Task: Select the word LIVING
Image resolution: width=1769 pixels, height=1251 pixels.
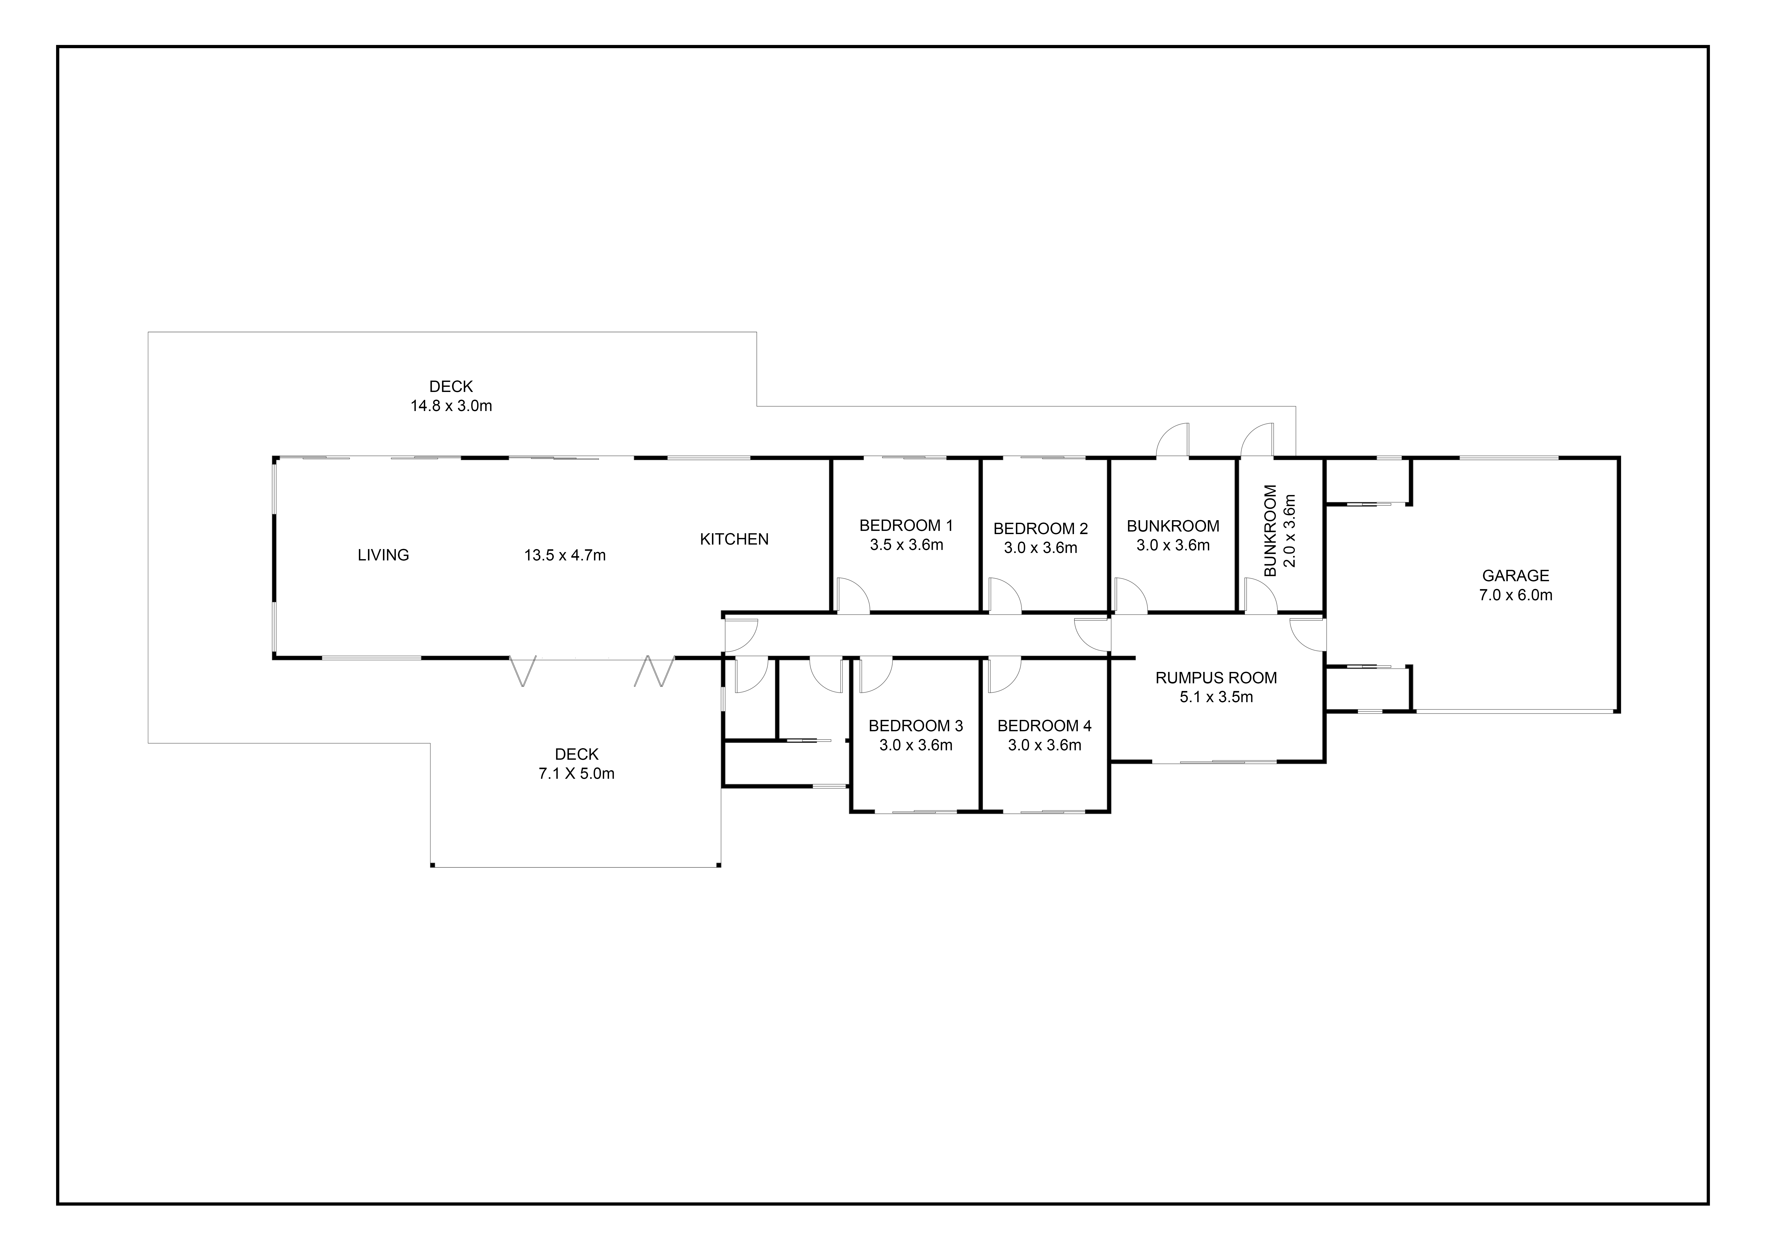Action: pyautogui.click(x=383, y=555)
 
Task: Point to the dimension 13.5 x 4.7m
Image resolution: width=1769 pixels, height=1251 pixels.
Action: pyautogui.click(x=565, y=555)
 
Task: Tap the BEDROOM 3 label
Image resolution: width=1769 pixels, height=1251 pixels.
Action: pyautogui.click(x=915, y=726)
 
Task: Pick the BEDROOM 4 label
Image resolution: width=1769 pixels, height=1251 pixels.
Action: pyautogui.click(x=1044, y=726)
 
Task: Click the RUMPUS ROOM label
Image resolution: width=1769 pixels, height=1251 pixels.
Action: pyautogui.click(x=1216, y=678)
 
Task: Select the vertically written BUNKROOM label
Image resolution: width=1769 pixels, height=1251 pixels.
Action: pyautogui.click(x=1270, y=530)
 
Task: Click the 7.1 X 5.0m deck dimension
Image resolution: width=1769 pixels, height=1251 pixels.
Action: pyautogui.click(x=576, y=773)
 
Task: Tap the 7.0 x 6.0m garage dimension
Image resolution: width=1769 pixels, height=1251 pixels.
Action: pyautogui.click(x=1516, y=595)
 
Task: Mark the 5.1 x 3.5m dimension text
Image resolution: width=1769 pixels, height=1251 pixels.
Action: pyautogui.click(x=1216, y=697)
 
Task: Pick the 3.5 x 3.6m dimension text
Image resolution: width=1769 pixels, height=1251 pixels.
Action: pyautogui.click(x=906, y=545)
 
